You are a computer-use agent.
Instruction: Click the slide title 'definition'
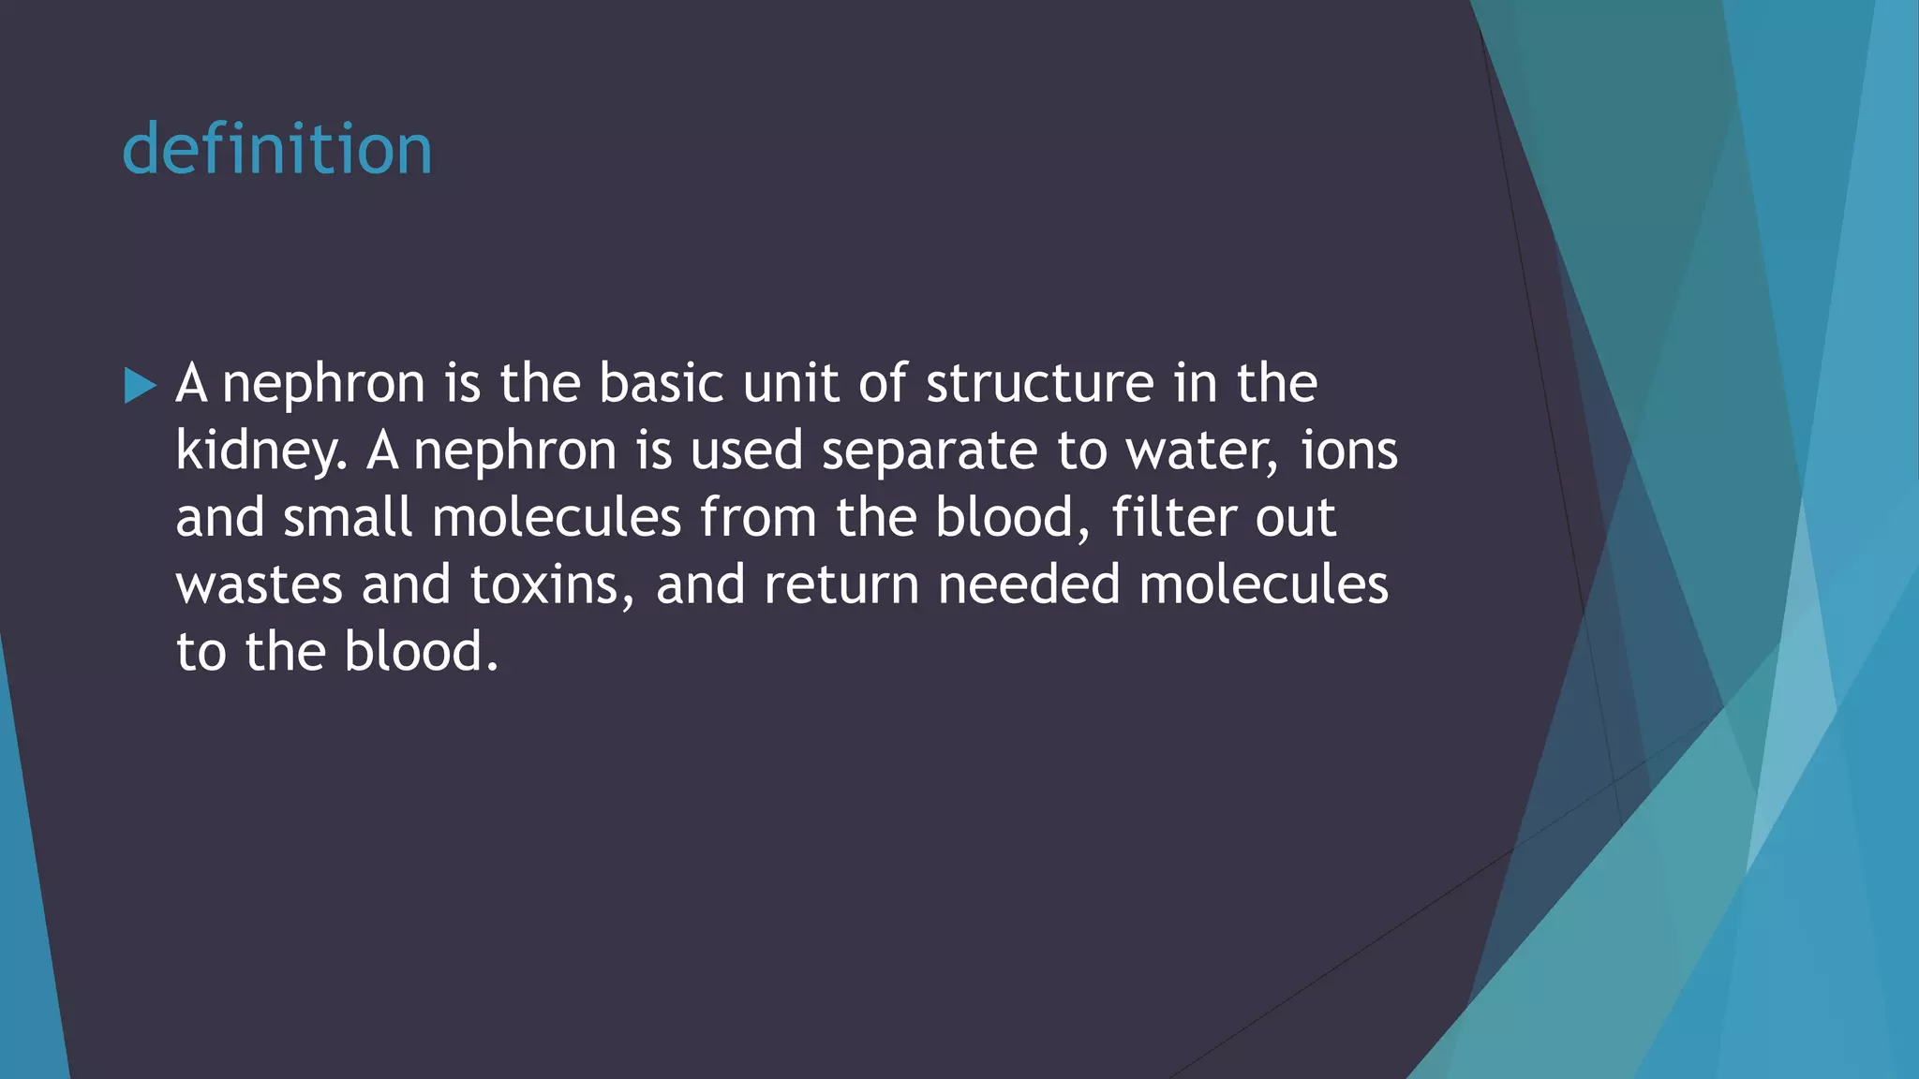point(277,150)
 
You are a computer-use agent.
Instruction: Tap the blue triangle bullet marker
point(140,386)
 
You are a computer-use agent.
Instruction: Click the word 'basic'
point(661,383)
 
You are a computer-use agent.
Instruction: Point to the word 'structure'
point(1040,383)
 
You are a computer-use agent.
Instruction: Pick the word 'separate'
point(929,451)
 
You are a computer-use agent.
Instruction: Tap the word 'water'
point(1200,451)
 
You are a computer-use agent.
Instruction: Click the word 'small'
point(348,517)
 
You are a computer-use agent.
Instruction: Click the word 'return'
point(841,584)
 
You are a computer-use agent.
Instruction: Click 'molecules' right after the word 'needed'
point(1263,584)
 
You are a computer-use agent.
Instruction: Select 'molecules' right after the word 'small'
point(557,517)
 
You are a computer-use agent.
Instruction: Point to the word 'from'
point(759,517)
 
